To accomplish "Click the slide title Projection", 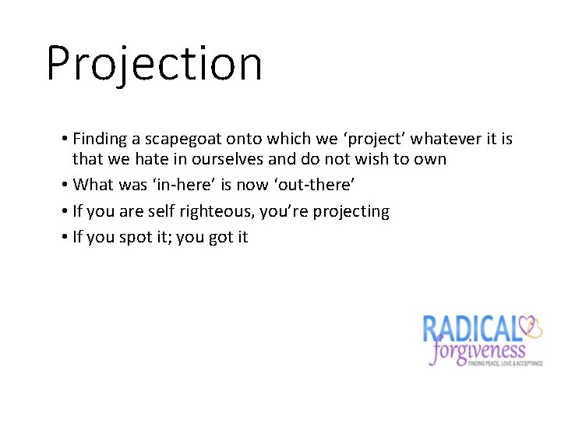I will point(154,64).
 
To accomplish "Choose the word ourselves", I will point(217,160).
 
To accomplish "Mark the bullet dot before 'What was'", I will point(64,186).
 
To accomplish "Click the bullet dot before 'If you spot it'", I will point(64,238).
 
